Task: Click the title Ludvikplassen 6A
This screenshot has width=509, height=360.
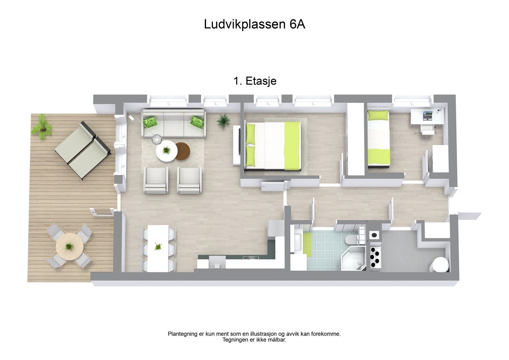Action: pyautogui.click(x=254, y=24)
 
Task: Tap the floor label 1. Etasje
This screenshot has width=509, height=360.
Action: pyautogui.click(x=255, y=81)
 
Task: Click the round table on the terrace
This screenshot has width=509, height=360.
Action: pyautogui.click(x=70, y=246)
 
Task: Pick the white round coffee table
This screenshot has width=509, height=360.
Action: pyautogui.click(x=167, y=151)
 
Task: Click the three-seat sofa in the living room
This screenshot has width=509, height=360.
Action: pyautogui.click(x=174, y=123)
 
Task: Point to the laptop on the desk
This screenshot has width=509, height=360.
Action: pyautogui.click(x=427, y=116)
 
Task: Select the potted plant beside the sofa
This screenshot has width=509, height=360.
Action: pyautogui.click(x=223, y=121)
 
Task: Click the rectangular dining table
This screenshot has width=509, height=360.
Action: pyautogui.click(x=158, y=249)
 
